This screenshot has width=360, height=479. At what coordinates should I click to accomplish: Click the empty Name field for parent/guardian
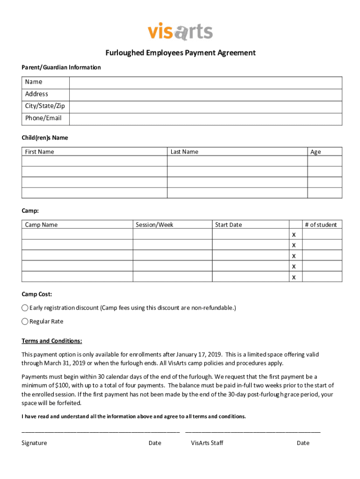(206, 83)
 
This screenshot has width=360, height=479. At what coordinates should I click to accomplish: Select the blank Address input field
(206, 95)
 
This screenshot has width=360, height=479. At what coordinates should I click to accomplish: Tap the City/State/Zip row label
(45, 106)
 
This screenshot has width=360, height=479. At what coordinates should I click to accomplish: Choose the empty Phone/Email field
(206, 119)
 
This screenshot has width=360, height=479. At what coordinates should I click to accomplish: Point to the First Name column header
(40, 152)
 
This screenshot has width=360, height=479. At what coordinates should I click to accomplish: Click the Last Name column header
(184, 152)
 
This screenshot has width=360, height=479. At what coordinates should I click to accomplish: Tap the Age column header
(316, 152)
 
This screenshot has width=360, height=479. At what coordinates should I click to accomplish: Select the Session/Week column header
(154, 225)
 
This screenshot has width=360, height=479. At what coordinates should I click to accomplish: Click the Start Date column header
(228, 225)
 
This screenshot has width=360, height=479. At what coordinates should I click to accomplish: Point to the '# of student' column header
(321, 225)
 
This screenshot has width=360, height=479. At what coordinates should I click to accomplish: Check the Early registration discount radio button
(25, 308)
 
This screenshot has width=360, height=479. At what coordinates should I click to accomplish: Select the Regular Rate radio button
(25, 321)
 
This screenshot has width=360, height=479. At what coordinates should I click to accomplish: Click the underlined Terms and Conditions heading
(52, 341)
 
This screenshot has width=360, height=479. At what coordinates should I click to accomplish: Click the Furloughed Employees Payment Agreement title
(180, 53)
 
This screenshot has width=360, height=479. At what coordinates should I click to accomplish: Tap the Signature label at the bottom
(34, 443)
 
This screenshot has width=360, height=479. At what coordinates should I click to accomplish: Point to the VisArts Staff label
(207, 443)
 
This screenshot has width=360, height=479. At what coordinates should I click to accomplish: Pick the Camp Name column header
(41, 225)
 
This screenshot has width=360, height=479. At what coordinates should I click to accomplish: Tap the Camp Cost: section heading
(37, 294)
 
